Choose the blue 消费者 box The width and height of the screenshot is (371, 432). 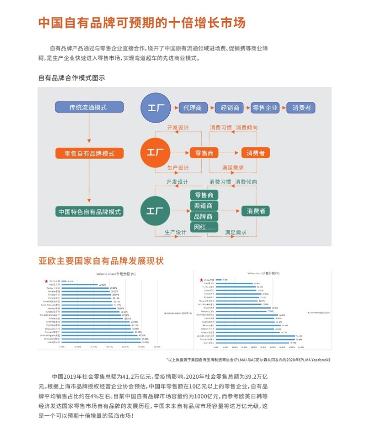301,107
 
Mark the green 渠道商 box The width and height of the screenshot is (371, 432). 204,205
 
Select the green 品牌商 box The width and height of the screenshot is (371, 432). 204,216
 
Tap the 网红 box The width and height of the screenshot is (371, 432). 204,228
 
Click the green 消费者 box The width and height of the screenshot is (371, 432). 256,211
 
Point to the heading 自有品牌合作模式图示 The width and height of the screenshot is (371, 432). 71,78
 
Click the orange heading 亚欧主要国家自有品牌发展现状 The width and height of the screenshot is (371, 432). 101,260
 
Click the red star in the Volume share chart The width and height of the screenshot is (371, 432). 46,281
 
